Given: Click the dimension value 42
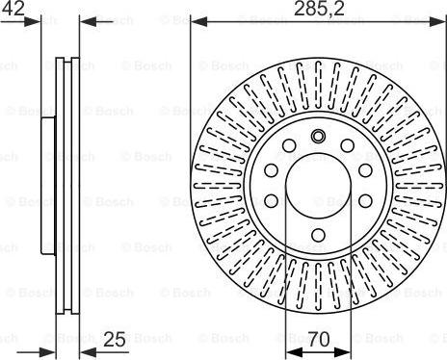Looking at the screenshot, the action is (13, 8).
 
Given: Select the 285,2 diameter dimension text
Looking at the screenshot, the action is (319, 9).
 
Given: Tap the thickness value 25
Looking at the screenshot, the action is (115, 339).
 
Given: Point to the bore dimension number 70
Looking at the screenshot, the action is (319, 339).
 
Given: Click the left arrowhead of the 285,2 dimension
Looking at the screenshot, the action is (198, 22).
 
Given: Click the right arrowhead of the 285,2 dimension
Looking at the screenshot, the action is (438, 22).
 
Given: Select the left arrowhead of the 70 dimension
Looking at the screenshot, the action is (294, 352).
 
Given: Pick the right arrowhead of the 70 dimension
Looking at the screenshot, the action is (343, 352).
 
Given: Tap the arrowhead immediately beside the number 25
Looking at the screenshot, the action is (88, 352).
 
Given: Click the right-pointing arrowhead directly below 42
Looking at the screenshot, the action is (33, 22).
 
